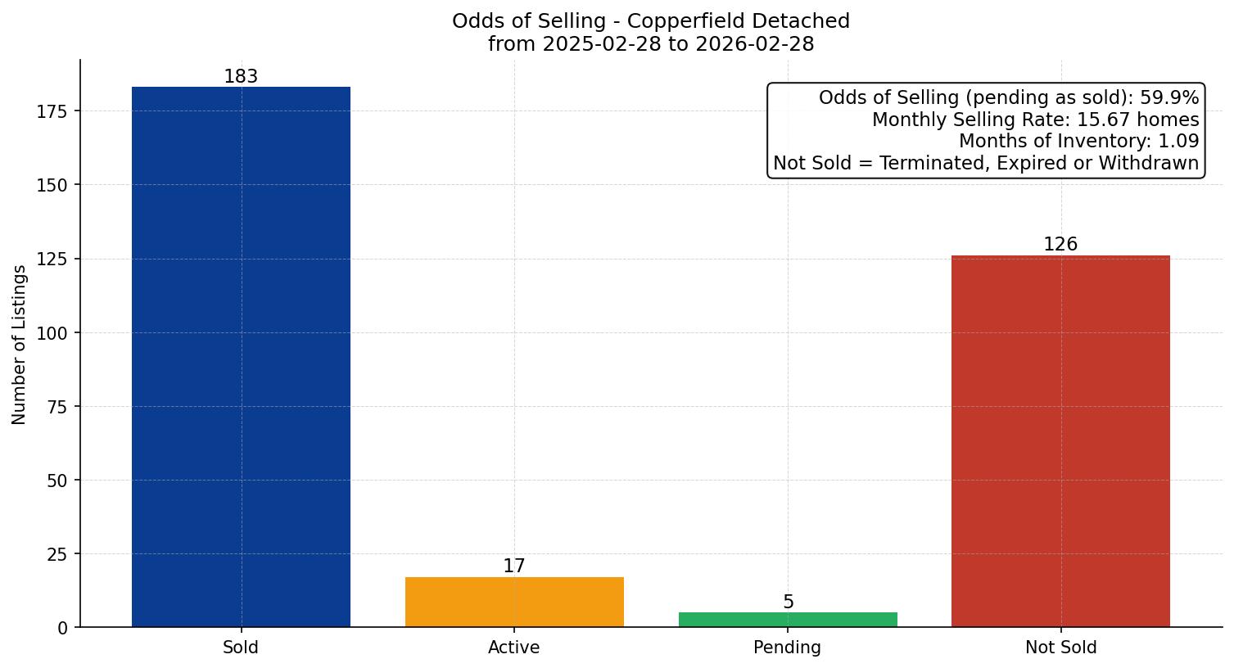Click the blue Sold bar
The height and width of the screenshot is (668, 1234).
pos(241,357)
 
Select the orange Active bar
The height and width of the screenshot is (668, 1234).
pos(514,603)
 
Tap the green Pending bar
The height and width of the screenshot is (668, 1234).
pos(788,620)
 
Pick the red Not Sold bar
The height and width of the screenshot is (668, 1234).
pos(1060,441)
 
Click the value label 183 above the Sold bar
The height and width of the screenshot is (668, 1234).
pos(241,77)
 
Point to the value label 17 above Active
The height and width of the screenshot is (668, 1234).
pos(514,566)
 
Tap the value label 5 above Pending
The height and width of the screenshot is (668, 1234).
pos(788,603)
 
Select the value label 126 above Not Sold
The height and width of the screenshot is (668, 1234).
pos(1060,245)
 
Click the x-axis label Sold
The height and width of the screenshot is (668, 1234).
pos(241,648)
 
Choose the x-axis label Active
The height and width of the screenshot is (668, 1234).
pos(514,648)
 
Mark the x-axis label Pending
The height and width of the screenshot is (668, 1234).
pos(788,648)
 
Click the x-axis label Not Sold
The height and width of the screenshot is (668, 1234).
pos(1060,648)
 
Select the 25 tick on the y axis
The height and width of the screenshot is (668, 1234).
pos(57,554)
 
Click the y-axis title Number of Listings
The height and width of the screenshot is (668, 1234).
pos(20,345)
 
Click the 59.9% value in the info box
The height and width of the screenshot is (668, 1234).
pos(1169,98)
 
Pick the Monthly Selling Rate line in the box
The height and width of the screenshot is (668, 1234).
pos(1035,120)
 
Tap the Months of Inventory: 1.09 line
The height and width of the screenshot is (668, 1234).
pos(1078,142)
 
